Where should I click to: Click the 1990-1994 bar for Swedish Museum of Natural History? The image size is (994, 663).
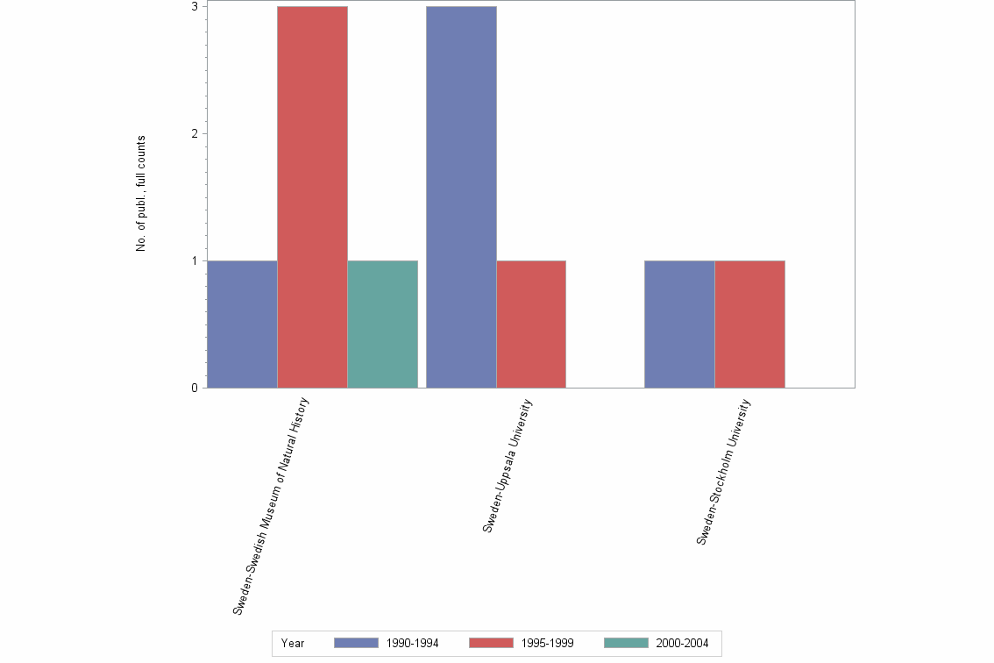[x=242, y=324]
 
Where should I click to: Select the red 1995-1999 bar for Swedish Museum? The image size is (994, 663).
[x=312, y=197]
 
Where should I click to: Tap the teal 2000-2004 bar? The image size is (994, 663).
[x=382, y=324]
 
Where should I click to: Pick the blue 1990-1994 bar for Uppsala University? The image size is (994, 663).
[x=461, y=197]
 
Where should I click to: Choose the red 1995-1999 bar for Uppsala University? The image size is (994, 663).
[x=531, y=324]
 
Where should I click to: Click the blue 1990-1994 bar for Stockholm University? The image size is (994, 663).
[x=679, y=324]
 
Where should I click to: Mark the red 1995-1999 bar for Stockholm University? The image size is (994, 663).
[x=749, y=324]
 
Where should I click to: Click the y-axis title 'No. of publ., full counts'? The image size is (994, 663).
[x=140, y=194]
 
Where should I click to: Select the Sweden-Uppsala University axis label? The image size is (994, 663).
[x=508, y=466]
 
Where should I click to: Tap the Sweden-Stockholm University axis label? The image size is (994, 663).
[x=724, y=472]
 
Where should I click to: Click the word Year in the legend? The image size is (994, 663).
[x=293, y=644]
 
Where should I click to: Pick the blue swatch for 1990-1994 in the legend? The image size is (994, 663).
[x=356, y=643]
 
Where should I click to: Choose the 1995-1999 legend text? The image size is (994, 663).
[x=549, y=644]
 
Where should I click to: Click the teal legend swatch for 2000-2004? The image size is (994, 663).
[x=627, y=643]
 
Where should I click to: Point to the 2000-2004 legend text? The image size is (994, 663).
[x=684, y=644]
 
